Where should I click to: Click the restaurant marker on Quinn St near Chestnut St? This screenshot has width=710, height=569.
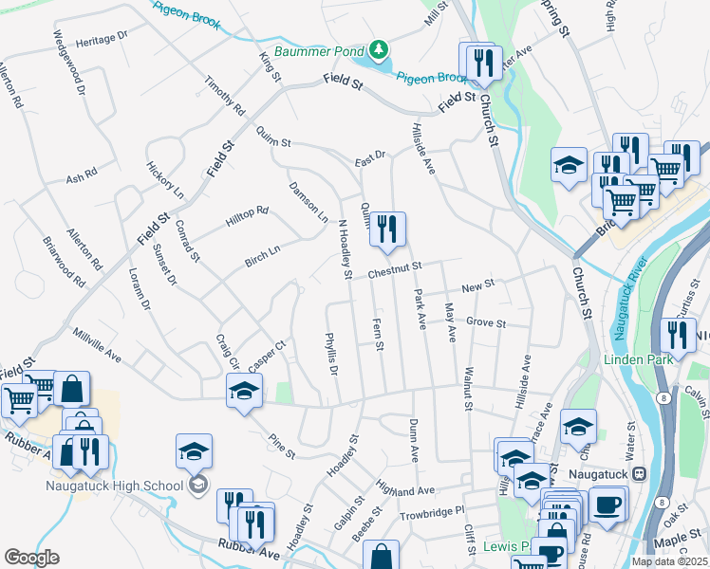coord(387,229)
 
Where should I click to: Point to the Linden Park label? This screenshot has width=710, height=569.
coord(638,359)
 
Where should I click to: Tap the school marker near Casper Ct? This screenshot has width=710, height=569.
coord(244,391)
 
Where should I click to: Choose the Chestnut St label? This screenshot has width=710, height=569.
coord(395,272)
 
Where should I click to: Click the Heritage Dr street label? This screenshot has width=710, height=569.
coord(103,39)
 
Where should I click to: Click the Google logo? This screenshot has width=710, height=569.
coord(31,557)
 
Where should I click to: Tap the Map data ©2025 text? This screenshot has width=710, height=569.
coord(668,560)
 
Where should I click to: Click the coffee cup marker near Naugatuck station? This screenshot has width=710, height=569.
coord(607,504)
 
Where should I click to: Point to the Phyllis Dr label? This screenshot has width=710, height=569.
coord(331,353)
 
